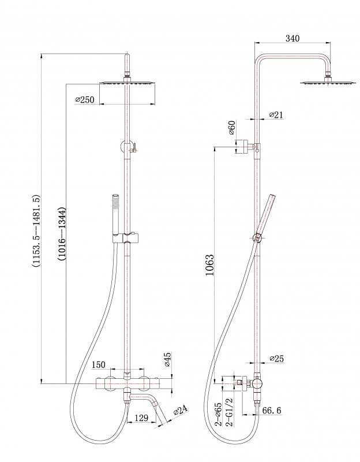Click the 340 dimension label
pos(292,38)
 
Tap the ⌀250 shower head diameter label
pos(85,99)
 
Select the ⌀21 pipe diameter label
pos(276,114)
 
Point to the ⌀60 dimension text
pos(232,127)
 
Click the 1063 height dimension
pos(209,264)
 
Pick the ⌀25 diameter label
pos(277,358)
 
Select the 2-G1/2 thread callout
pos(229,412)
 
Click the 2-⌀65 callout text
pos(219,413)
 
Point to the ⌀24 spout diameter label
pos(181,410)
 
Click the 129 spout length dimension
pos(141,418)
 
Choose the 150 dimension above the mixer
pos(98,364)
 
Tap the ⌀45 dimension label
pos(167,359)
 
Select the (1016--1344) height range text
pos(62,234)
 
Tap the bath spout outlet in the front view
pos(159,412)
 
